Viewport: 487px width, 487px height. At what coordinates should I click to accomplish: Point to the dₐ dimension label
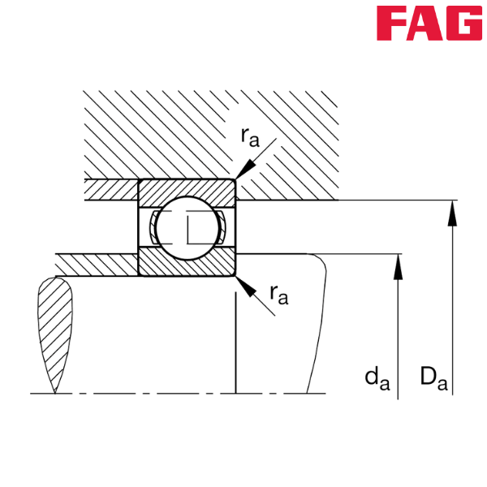click(x=375, y=377)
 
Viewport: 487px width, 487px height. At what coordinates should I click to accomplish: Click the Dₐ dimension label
click(x=433, y=377)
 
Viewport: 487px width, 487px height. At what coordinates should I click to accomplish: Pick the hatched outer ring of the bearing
click(x=187, y=190)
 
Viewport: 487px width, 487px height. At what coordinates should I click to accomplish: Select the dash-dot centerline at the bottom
click(x=162, y=394)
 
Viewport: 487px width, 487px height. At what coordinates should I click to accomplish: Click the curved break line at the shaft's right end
click(x=318, y=325)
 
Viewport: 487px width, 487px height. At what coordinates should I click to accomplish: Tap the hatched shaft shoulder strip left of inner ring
click(x=97, y=264)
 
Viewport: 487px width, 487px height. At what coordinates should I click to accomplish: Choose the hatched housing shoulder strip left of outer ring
click(x=110, y=190)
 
